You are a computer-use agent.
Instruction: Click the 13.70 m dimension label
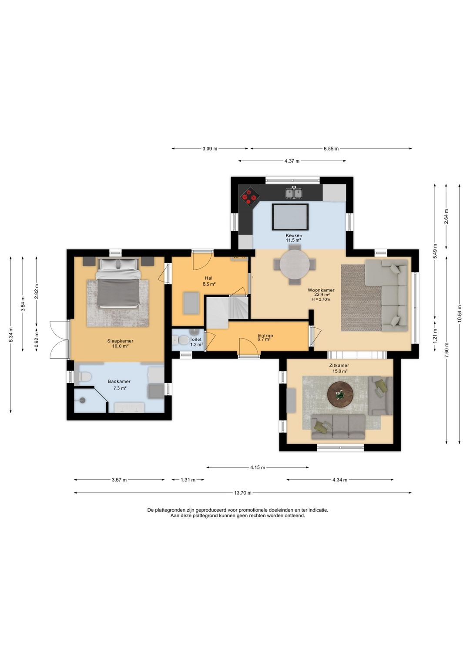pos(242,493)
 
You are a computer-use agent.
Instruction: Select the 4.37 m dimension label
pos(292,161)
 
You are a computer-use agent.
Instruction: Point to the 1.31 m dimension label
pos(188,479)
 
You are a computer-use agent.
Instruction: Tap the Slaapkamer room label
pos(120,341)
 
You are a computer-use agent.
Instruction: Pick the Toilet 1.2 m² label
pos(196,342)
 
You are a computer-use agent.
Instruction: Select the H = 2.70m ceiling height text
pos(321,299)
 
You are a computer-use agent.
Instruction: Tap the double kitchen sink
pos(293,193)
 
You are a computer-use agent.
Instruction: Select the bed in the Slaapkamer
pos(117,283)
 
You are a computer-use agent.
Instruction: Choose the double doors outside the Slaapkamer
pos(59,339)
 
